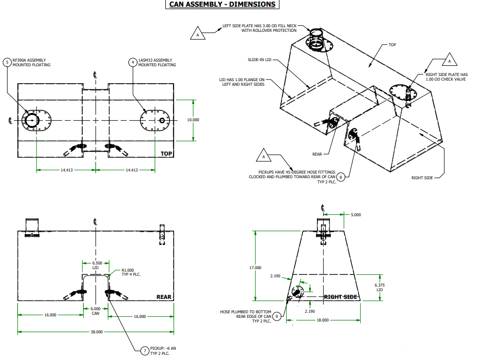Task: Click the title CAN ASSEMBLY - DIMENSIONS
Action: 223,5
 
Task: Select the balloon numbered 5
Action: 7,62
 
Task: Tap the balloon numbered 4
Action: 133,62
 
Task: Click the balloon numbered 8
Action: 341,178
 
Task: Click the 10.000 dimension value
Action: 193,120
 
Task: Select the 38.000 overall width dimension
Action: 96,332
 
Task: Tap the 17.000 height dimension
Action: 255,268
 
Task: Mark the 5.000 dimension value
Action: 356,214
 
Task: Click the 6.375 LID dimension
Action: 380,287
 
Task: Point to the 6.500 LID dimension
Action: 95,265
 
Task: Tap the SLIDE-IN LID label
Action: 259,60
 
